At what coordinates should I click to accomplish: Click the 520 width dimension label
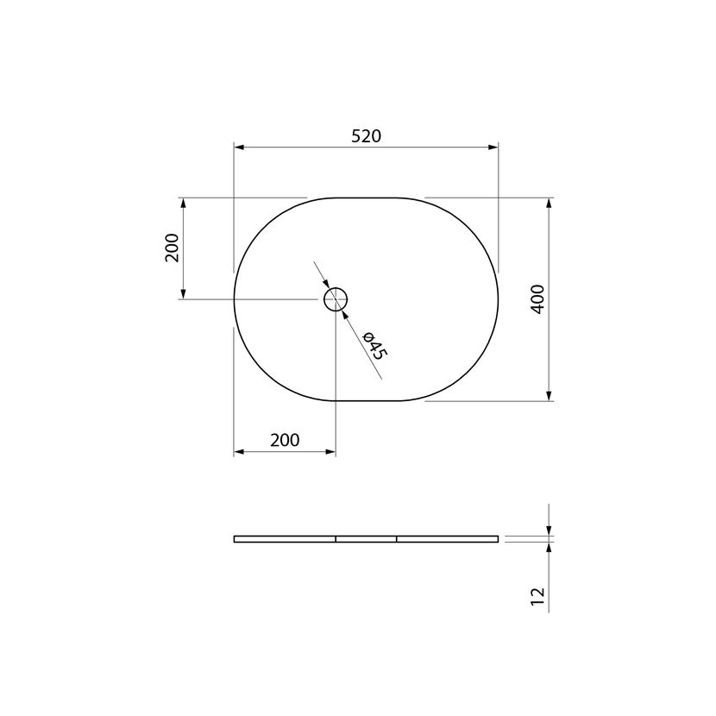tap(367, 136)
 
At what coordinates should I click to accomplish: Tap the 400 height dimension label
tap(538, 299)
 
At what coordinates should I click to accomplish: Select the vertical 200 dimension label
tap(173, 248)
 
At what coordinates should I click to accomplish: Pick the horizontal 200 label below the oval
tap(285, 440)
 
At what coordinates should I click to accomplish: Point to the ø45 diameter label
tap(375, 346)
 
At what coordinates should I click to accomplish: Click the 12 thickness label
tap(538, 596)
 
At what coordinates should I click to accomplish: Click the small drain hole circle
tap(336, 288)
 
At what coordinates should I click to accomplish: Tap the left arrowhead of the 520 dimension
tap(239, 147)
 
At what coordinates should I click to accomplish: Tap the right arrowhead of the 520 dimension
tap(493, 147)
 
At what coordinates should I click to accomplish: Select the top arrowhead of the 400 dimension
tap(549, 204)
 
